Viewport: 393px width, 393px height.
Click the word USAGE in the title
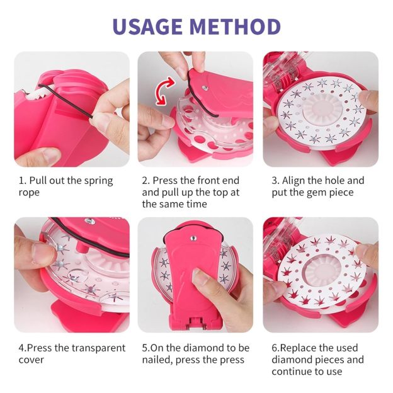[x=147, y=26]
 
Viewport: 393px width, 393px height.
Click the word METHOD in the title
[x=235, y=26]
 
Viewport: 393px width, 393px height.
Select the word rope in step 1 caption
[x=29, y=193]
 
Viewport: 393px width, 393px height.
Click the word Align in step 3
[x=293, y=181]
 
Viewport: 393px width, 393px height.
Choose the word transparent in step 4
[x=98, y=348]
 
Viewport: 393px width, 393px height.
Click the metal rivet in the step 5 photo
[x=193, y=238]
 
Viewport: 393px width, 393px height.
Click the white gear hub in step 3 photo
[x=319, y=108]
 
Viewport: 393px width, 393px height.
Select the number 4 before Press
[x=21, y=348]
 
